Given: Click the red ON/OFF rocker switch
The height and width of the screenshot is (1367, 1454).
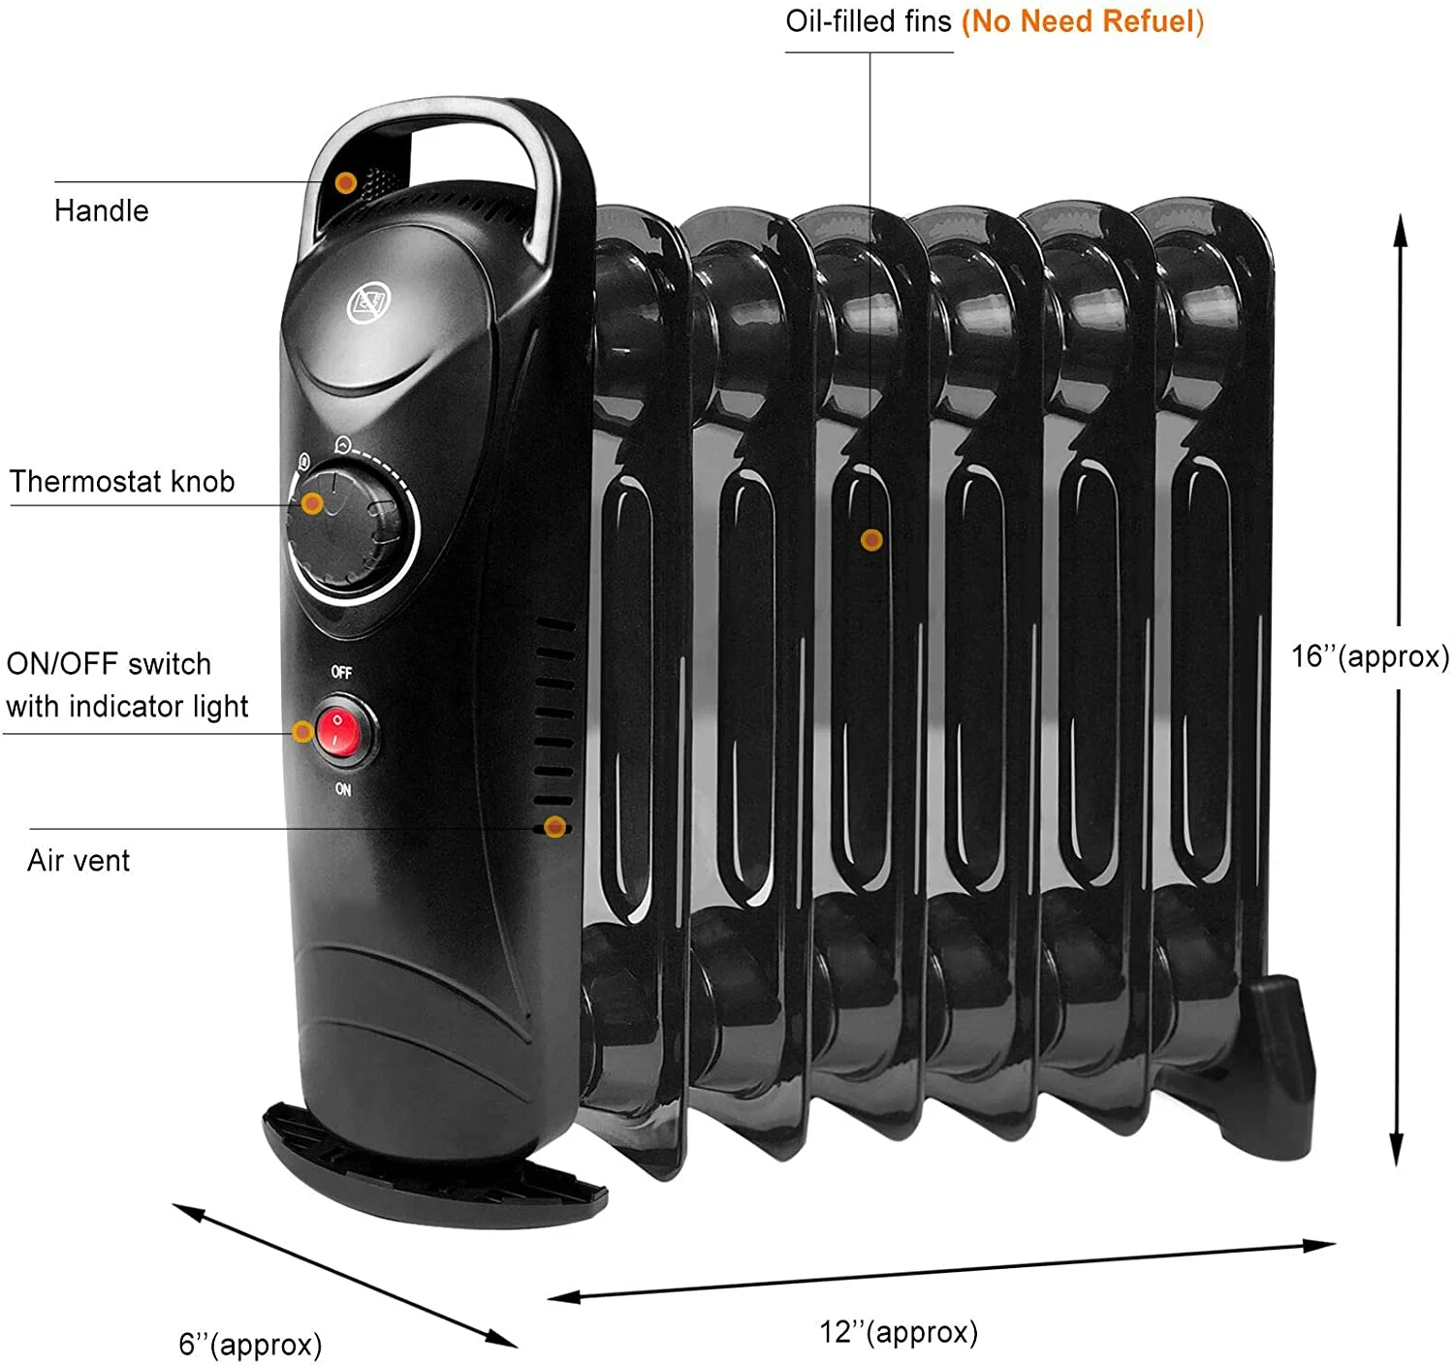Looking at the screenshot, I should [337, 732].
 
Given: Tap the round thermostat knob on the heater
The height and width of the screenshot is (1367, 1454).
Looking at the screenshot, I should [349, 529].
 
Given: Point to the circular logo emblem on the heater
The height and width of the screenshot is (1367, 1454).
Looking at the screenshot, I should [367, 303].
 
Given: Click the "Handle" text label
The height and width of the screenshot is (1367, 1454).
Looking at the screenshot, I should [101, 210].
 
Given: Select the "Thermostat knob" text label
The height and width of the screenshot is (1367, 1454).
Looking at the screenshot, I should [122, 482].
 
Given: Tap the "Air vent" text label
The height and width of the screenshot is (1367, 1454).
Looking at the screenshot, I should [79, 861].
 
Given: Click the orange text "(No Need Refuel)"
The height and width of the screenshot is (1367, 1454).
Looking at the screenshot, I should [1082, 21].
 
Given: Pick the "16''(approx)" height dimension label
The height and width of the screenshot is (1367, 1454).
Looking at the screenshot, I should [1370, 657].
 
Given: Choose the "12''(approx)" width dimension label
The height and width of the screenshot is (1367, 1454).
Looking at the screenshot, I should [899, 1332].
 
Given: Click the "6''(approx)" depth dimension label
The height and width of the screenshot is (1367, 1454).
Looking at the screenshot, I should [250, 1345].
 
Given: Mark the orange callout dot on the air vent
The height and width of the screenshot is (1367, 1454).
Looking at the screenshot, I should [555, 827].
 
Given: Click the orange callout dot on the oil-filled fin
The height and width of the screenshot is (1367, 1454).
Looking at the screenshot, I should [871, 540].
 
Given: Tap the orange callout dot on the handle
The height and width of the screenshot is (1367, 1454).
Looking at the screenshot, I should [345, 182].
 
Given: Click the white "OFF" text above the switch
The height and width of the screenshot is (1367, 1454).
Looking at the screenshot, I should [341, 672].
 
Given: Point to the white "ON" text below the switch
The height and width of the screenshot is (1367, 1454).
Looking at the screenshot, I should [343, 789].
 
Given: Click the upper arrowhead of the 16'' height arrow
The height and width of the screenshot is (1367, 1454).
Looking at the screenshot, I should [1400, 228].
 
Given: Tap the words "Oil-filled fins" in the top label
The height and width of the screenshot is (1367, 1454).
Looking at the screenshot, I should [869, 21].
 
